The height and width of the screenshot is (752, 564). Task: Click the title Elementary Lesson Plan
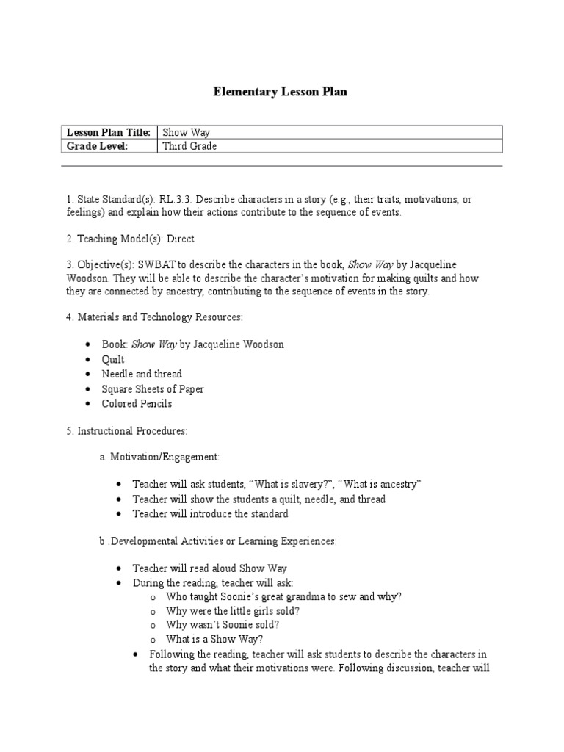pyautogui.click(x=280, y=92)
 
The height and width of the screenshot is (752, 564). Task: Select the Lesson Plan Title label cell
pyautogui.click(x=109, y=132)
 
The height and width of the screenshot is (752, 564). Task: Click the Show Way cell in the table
pyautogui.click(x=186, y=132)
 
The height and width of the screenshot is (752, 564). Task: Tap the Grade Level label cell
pyautogui.click(x=97, y=146)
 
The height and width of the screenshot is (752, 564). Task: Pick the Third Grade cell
pyautogui.click(x=189, y=146)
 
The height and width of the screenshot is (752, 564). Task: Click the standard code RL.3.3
pyautogui.click(x=175, y=198)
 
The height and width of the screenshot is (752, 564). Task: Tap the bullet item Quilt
pyautogui.click(x=113, y=359)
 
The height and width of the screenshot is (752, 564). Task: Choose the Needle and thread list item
pyautogui.click(x=142, y=374)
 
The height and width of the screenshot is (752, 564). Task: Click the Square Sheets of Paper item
pyautogui.click(x=153, y=388)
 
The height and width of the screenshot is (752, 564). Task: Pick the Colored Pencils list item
pyautogui.click(x=137, y=403)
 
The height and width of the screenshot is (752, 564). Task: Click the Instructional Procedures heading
pyautogui.click(x=122, y=430)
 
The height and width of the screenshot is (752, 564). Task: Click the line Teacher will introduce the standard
pyautogui.click(x=210, y=513)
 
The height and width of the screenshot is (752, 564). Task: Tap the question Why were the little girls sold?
pyautogui.click(x=232, y=610)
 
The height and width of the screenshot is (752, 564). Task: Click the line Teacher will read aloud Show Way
pyautogui.click(x=209, y=568)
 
